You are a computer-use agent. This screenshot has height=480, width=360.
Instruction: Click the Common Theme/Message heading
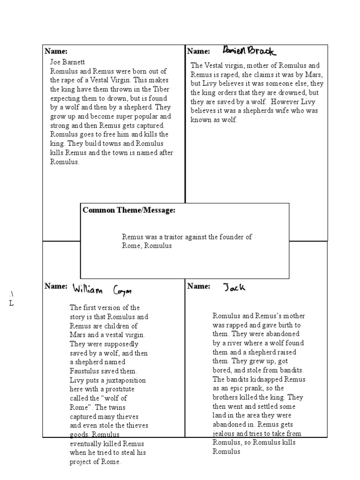(129, 210)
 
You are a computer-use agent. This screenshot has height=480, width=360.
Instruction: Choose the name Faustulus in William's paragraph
(86, 371)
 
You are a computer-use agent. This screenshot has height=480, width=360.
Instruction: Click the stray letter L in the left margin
(11, 303)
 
